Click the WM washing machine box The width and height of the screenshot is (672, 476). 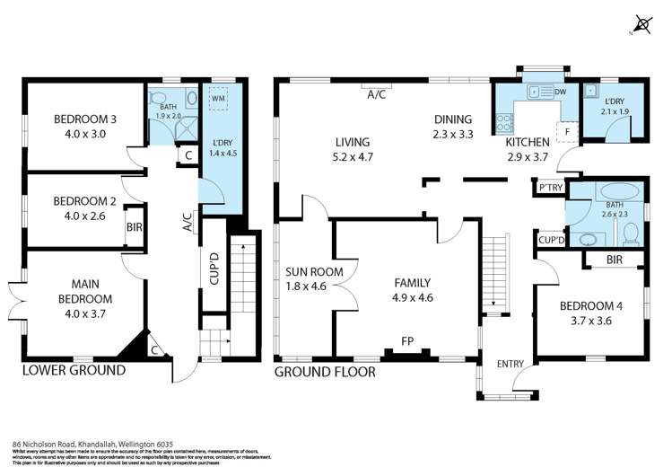click(x=219, y=97)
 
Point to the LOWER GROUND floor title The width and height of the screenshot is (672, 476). click(x=74, y=370)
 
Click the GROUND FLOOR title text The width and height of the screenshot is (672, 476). click(x=325, y=370)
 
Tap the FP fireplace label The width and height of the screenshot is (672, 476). click(x=407, y=341)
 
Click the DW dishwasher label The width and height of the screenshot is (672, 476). click(x=560, y=92)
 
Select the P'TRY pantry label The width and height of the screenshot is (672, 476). click(x=547, y=189)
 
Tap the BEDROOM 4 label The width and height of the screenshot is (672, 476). click(x=590, y=305)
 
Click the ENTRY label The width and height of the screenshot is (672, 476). click(x=510, y=363)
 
